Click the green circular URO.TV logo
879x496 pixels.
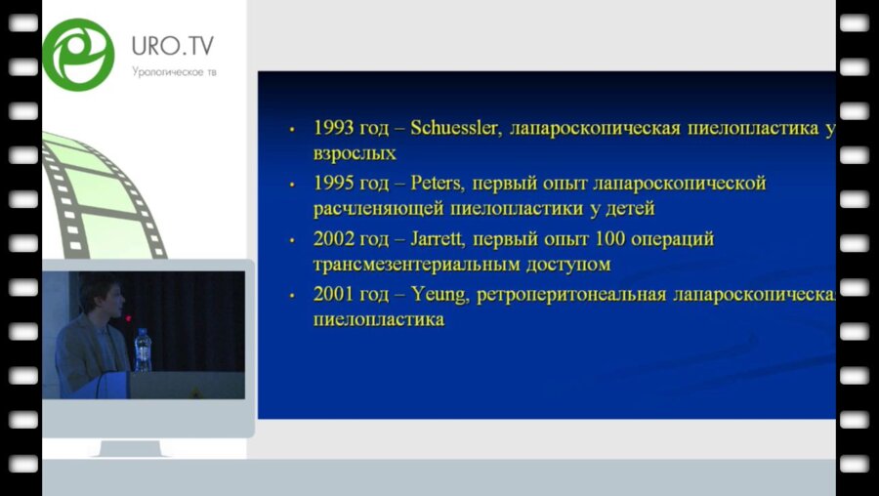(78, 54)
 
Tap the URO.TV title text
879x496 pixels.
(173, 46)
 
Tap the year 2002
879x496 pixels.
(334, 239)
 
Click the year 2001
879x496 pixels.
(334, 294)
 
